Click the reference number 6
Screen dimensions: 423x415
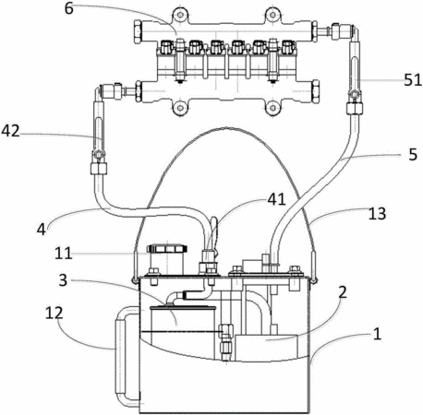click(69, 8)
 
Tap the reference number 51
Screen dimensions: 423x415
click(413, 80)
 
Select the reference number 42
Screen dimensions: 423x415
click(11, 131)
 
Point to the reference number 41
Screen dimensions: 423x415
click(276, 200)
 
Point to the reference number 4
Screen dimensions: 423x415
click(42, 230)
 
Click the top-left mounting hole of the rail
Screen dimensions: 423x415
click(180, 15)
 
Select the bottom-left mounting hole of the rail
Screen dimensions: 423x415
click(180, 108)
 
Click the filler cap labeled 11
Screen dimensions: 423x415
click(167, 248)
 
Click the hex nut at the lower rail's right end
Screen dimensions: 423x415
click(316, 91)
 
